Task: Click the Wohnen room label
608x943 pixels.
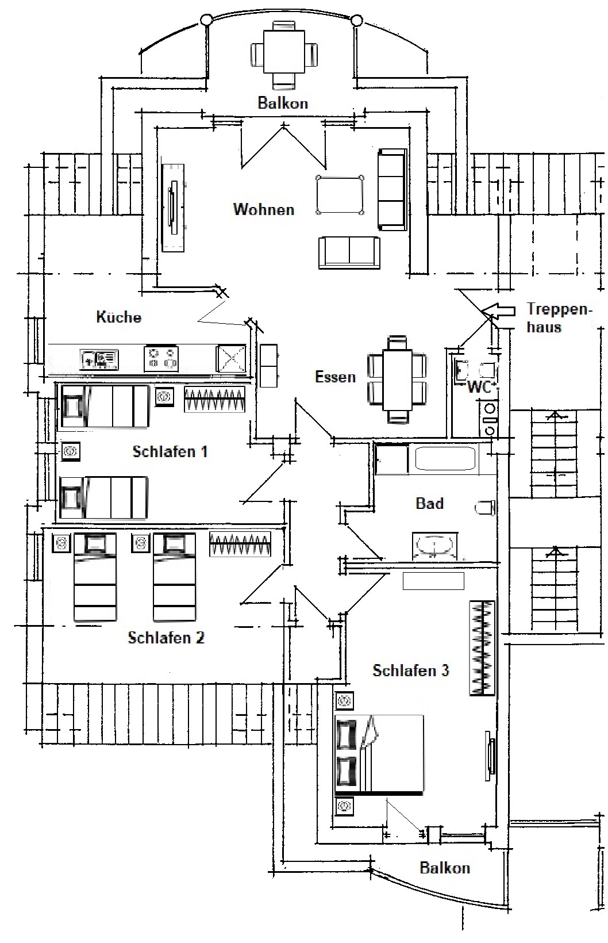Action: pyautogui.click(x=264, y=209)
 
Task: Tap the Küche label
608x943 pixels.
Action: pyautogui.click(x=118, y=317)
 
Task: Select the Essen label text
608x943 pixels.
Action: pyautogui.click(x=336, y=377)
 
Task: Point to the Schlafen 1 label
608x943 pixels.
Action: pyautogui.click(x=170, y=451)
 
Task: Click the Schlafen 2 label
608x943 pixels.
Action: pyautogui.click(x=166, y=637)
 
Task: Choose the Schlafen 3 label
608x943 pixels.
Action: pyautogui.click(x=411, y=670)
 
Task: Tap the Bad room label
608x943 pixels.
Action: pyautogui.click(x=430, y=503)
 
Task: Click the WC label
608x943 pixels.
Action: pyautogui.click(x=479, y=387)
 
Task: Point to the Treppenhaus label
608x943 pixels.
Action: pyautogui.click(x=559, y=318)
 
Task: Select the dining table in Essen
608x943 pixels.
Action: pyautogui.click(x=397, y=379)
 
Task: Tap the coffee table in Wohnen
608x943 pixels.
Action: pyautogui.click(x=340, y=195)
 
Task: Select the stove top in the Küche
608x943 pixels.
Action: pyautogui.click(x=161, y=359)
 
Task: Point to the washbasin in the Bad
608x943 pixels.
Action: pyautogui.click(x=434, y=546)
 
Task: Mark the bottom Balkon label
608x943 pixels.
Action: pyautogui.click(x=445, y=868)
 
